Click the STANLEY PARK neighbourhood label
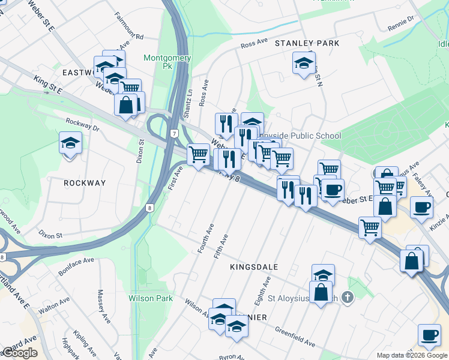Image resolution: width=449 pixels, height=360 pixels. pyautogui.click(x=307, y=43)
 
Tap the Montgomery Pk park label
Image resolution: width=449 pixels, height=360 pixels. pyautogui.click(x=167, y=62)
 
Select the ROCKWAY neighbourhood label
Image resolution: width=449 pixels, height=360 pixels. pyautogui.click(x=85, y=183)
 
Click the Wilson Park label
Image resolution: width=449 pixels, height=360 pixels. pyautogui.click(x=151, y=298)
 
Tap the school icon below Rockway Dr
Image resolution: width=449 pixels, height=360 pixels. pyautogui.click(x=70, y=143)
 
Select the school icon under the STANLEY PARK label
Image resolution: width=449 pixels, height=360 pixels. pyautogui.click(x=304, y=62)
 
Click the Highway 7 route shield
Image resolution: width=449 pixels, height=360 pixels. pyautogui.click(x=173, y=132)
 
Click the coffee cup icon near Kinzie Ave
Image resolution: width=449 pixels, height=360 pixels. pyautogui.click(x=421, y=207)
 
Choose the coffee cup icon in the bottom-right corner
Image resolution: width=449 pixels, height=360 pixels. pyautogui.click(x=429, y=335)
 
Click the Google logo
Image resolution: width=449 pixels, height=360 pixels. pyautogui.click(x=20, y=353)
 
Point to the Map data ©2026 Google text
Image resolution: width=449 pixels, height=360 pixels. pyautogui.click(x=412, y=355)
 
